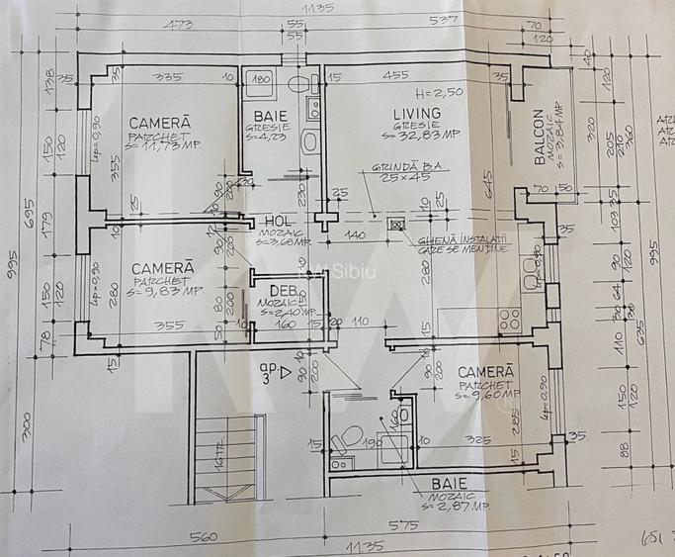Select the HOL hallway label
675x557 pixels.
point(274,223)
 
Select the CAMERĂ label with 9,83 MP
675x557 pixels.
point(158,267)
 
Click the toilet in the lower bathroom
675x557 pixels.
point(345,437)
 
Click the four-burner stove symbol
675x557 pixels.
point(510,321)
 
